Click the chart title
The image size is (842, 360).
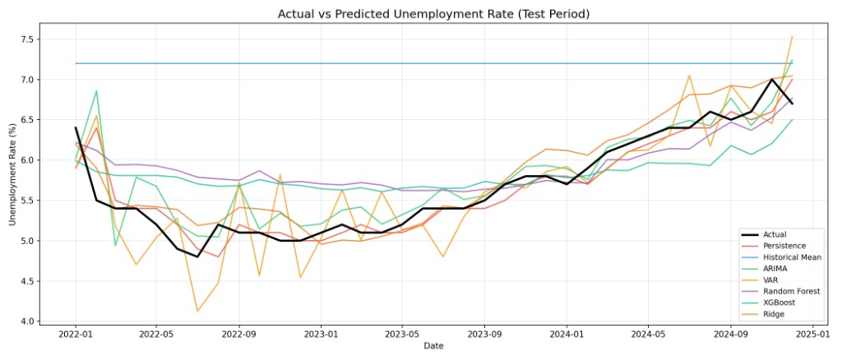[433, 14]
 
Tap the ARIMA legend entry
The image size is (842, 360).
[778, 269]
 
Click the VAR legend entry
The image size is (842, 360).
[774, 280]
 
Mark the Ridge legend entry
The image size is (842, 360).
[776, 315]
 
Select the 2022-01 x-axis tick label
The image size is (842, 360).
[76, 335]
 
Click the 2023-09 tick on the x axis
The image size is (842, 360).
[483, 335]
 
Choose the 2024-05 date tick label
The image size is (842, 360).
[647, 335]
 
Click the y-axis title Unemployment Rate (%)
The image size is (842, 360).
[12, 175]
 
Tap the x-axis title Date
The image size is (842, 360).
[433, 347]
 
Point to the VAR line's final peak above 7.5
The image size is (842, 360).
[792, 37]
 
